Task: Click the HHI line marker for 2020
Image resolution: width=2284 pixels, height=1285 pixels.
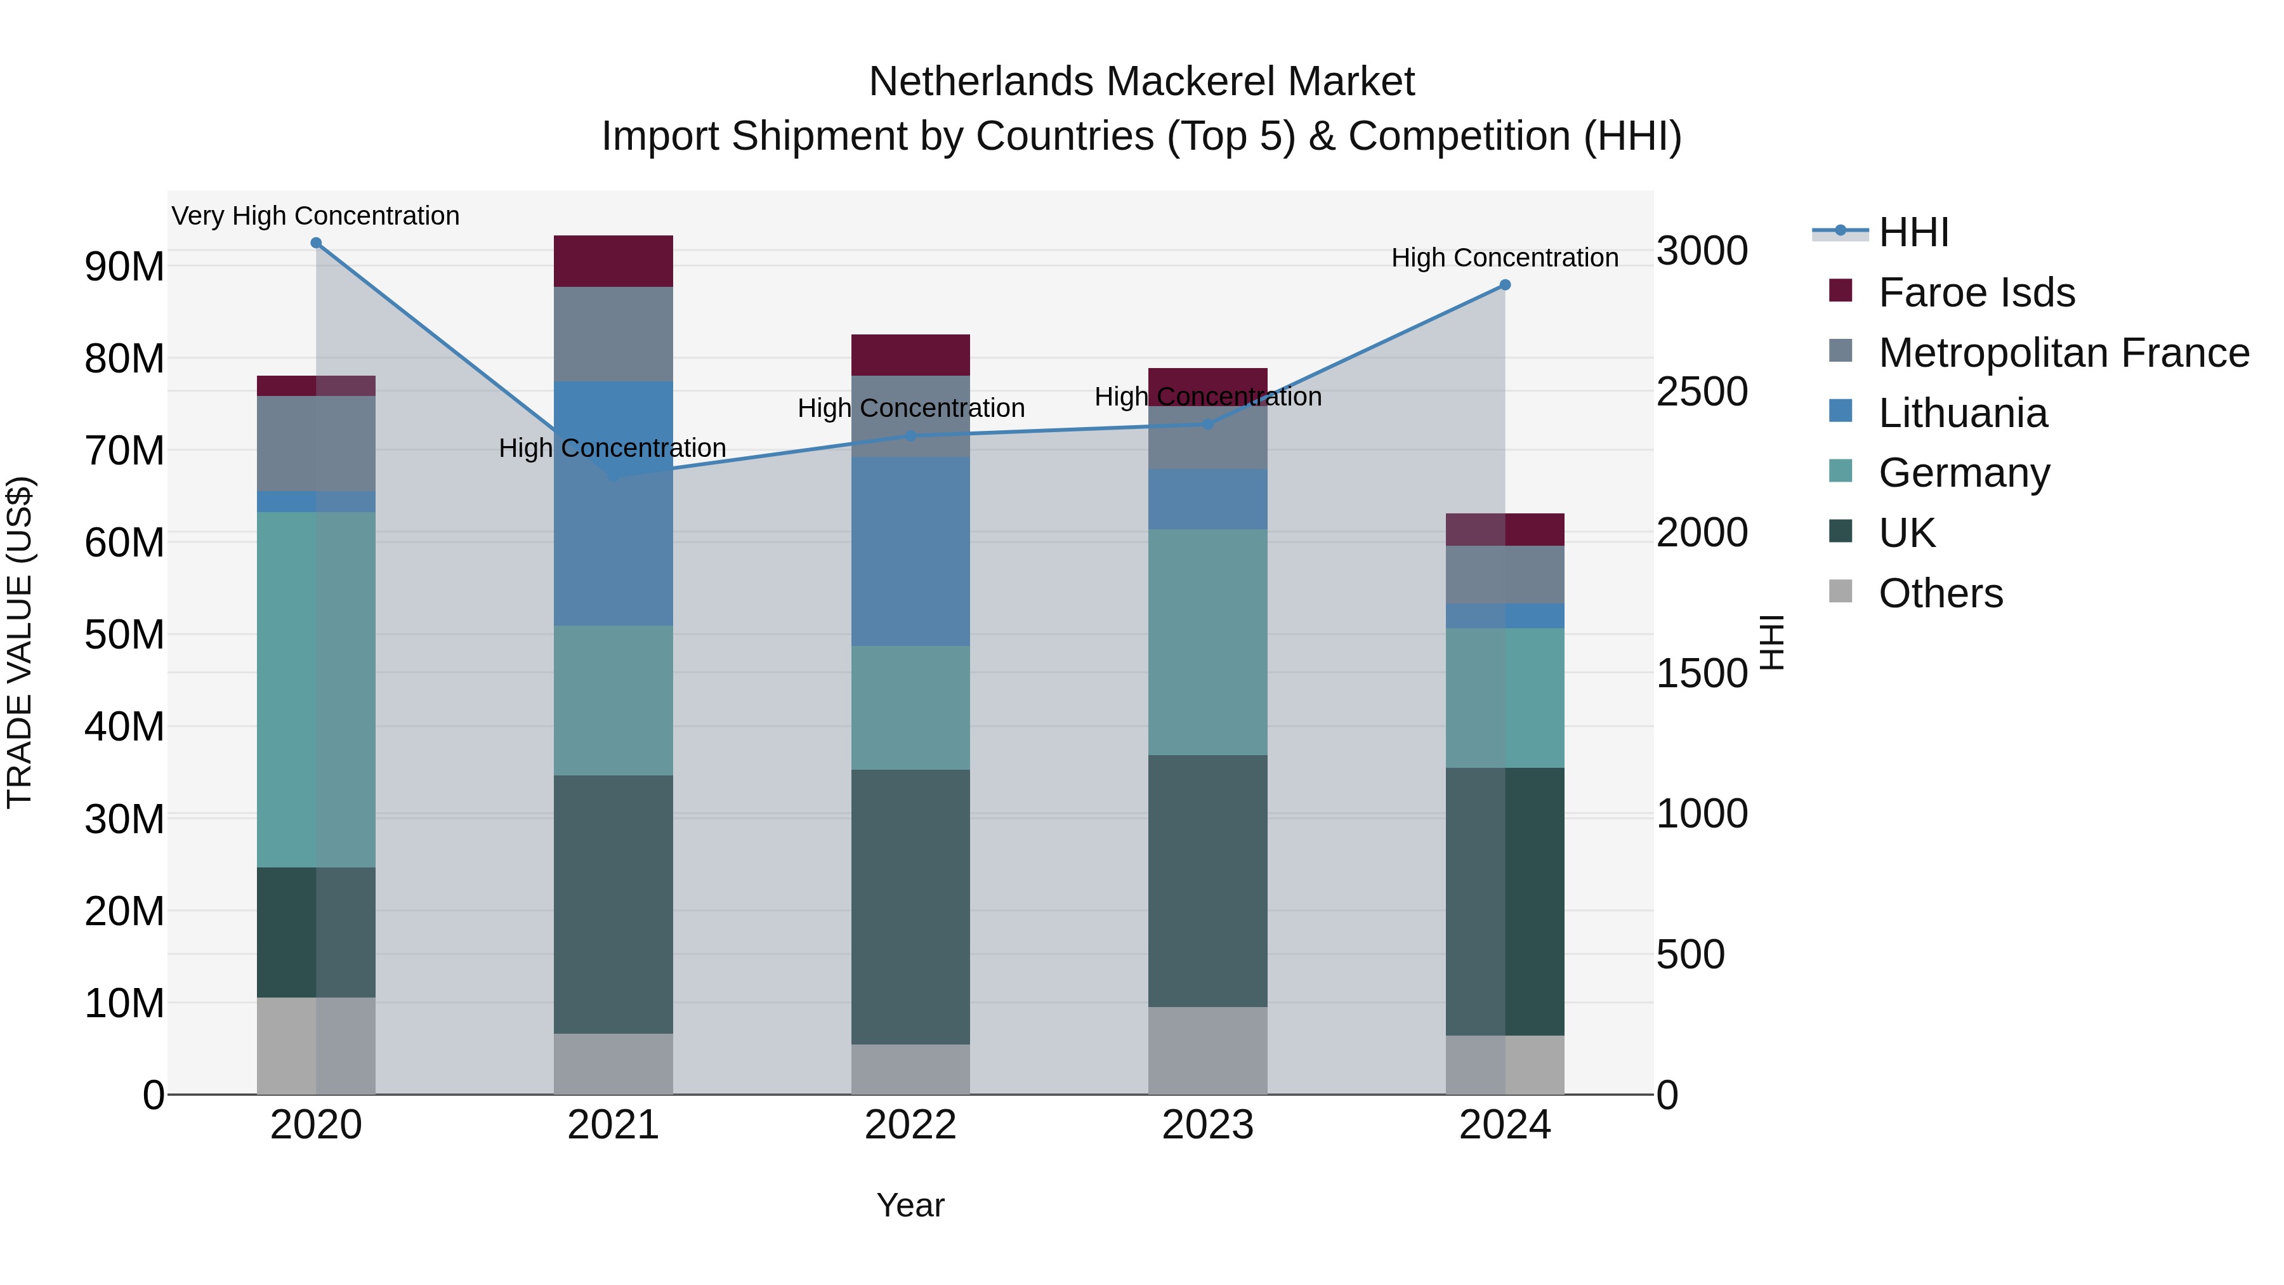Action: [316, 243]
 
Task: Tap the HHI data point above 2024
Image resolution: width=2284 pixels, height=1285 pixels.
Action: [1505, 286]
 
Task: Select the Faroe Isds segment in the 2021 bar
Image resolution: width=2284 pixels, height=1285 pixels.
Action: [613, 261]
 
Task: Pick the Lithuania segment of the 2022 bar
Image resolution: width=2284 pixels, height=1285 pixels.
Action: [910, 551]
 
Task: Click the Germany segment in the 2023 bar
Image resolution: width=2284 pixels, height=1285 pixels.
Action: [1207, 642]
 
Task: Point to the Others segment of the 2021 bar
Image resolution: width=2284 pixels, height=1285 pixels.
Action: [613, 1064]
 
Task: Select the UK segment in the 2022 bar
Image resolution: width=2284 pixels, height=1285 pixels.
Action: [910, 906]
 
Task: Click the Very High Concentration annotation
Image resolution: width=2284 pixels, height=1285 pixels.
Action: [316, 216]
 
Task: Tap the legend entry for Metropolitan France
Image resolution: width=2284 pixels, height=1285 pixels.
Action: [2063, 353]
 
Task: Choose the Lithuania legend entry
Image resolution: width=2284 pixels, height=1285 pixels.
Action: [1962, 413]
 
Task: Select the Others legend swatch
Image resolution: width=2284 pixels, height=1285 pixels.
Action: [1840, 591]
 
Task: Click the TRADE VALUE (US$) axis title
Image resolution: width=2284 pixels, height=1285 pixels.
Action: [20, 642]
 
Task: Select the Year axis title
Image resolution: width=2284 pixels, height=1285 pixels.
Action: [910, 1205]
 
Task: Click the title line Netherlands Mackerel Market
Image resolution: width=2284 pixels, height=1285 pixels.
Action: [1141, 82]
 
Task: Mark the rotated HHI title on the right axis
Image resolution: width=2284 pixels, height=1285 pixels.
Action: [1771, 642]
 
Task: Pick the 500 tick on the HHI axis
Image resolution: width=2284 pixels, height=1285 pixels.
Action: [1690, 955]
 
